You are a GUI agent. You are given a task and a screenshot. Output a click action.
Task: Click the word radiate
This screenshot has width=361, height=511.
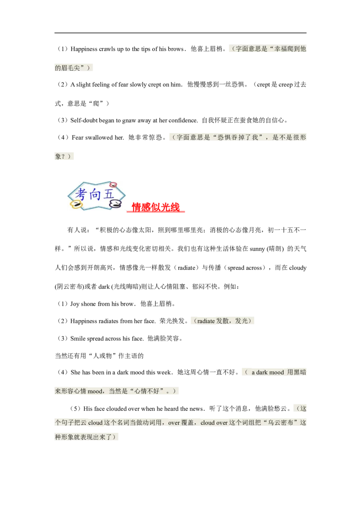pos(206,321)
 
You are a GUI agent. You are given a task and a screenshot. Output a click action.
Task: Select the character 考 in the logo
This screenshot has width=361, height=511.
pos(80,195)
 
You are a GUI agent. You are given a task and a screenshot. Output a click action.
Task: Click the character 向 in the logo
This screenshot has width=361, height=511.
pos(93,195)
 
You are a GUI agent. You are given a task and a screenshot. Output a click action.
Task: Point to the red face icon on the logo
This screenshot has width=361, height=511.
pos(113,185)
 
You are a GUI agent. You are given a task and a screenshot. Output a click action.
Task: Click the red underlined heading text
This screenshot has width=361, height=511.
pos(156,207)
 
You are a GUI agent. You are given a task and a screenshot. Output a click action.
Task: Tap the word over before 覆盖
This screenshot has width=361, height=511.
pos(174,423)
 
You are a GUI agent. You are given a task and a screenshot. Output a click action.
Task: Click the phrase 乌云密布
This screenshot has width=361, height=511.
pos(282,423)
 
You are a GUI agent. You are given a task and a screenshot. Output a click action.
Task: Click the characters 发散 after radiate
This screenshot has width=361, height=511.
pos(222,321)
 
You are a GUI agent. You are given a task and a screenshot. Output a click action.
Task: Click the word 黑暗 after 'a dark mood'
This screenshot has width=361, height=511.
pos(300,372)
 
